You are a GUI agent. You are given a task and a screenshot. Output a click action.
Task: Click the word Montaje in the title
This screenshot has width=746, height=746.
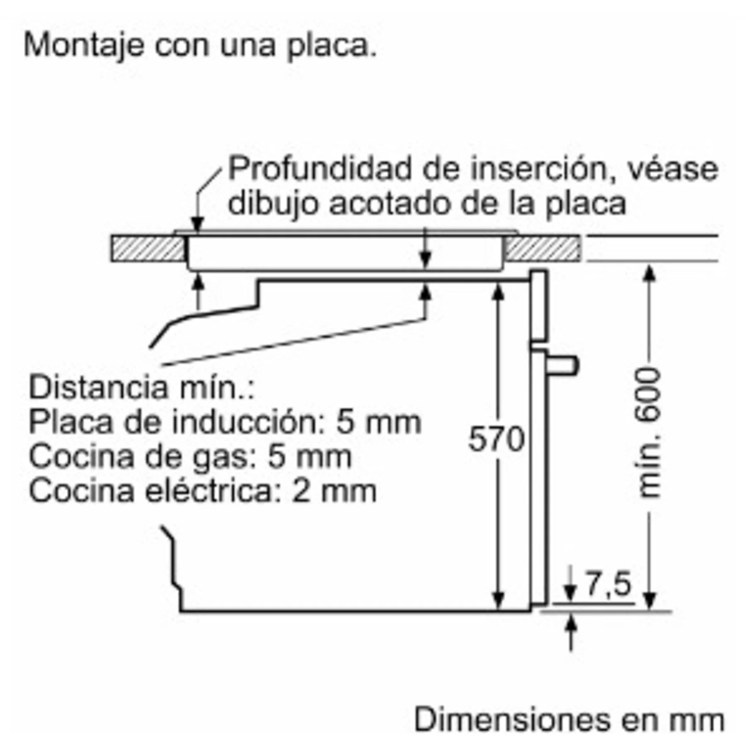pos(83,46)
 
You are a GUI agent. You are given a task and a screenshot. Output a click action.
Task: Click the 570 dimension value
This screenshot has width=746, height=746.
pos(496,439)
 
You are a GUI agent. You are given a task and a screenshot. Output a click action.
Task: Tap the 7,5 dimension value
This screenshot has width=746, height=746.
pos(608,584)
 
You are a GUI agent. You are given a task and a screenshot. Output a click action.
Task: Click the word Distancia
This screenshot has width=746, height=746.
pos(98,387)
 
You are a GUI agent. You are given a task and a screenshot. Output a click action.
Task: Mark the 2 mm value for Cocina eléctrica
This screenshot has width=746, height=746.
pos(334,491)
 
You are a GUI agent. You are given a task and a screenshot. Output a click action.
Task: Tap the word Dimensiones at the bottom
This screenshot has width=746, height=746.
pos(512,719)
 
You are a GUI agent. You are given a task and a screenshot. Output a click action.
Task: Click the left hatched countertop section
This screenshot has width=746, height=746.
pos(148,248)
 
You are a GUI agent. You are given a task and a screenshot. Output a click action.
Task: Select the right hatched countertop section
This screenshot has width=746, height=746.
pos(542,248)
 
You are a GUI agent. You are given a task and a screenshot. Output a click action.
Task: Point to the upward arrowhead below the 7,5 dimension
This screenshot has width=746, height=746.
pos(571,624)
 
